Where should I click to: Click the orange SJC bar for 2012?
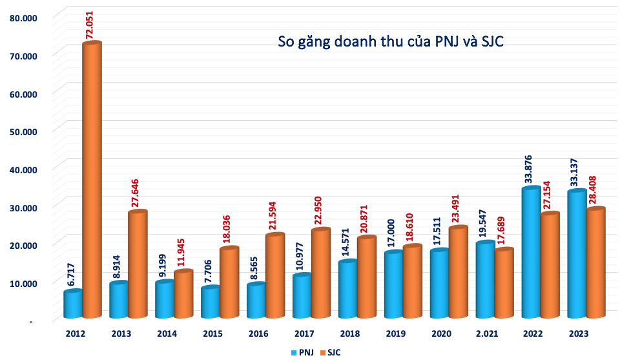[92, 181]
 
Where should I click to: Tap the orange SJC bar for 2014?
[183, 295]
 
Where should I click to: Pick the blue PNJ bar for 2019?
[394, 285]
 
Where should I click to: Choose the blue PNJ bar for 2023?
[577, 255]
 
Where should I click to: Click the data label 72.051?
[90, 23]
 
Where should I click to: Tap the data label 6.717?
[72, 274]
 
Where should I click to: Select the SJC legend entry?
[329, 352]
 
